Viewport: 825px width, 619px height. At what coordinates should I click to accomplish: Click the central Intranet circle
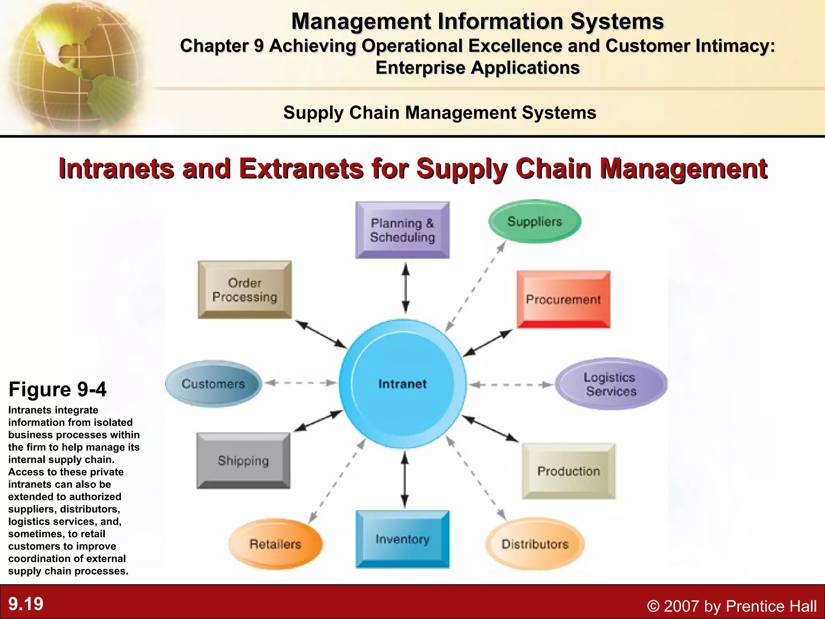point(402,384)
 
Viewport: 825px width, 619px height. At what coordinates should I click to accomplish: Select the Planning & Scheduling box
point(402,230)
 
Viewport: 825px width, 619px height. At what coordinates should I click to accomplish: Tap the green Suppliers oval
point(535,221)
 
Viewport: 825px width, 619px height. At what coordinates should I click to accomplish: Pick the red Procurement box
point(563,299)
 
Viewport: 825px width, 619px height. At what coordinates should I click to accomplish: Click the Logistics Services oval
point(611,384)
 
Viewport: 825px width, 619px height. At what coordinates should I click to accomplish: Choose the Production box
point(568,471)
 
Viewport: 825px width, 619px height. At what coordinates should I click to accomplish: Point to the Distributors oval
point(535,544)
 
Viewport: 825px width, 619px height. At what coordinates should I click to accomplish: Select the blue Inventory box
point(402,539)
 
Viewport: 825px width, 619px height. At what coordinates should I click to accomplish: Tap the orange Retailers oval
point(276,544)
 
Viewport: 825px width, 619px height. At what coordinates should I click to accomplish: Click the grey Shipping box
point(243,460)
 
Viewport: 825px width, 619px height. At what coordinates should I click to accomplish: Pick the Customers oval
point(213,384)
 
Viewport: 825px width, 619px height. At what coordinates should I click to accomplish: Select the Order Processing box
point(245,290)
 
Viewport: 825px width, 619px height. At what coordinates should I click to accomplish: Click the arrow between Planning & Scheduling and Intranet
point(406,288)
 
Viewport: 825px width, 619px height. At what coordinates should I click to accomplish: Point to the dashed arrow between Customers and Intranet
point(301,383)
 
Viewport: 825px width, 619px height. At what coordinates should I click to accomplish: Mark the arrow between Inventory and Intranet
point(405,479)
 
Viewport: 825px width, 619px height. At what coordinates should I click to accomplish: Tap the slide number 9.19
point(26,604)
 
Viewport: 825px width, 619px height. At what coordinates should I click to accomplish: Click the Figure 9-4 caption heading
point(58,389)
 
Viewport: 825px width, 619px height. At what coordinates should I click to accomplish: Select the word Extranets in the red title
point(301,168)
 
